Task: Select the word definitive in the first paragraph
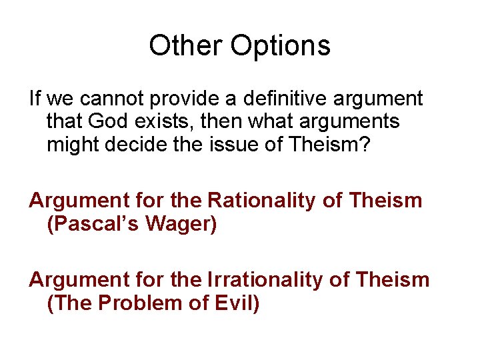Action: pyautogui.click(x=265, y=99)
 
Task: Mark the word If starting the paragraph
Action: pyautogui.click(x=35, y=99)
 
